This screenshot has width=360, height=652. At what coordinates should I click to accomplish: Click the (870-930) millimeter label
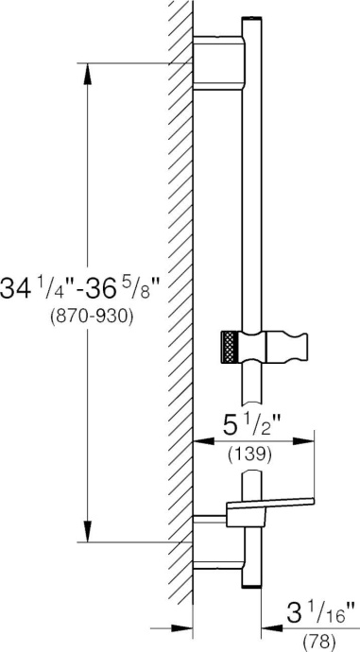pyautogui.click(x=91, y=317)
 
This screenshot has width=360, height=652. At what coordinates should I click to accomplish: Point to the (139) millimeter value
pyautogui.click(x=249, y=454)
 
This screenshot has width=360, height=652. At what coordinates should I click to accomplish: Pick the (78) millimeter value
pyautogui.click(x=319, y=643)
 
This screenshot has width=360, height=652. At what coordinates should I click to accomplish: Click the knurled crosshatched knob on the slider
pyautogui.click(x=231, y=346)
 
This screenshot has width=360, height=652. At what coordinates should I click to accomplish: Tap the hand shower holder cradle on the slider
pyautogui.click(x=286, y=346)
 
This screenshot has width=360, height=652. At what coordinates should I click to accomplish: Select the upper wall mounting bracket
pyautogui.click(x=219, y=62)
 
